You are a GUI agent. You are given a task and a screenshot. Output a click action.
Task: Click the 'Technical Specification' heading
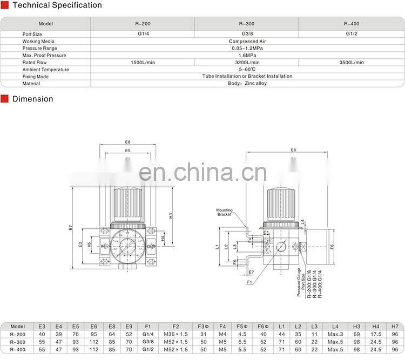(57, 5)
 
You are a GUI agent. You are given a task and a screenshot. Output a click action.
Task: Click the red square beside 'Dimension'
(5, 99)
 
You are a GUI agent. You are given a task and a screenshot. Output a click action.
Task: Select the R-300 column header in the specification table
(246, 24)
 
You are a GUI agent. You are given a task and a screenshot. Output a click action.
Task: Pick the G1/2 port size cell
(352, 34)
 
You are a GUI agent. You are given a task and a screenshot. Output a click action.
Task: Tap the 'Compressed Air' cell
(247, 41)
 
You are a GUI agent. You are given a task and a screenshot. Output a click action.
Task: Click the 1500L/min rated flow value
(143, 63)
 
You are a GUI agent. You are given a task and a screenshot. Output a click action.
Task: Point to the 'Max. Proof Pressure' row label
(44, 56)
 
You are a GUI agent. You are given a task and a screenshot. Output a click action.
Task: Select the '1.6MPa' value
(247, 56)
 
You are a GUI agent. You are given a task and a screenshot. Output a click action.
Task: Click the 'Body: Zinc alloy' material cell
(247, 84)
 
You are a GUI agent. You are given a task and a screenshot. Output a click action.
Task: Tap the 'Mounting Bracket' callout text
(224, 212)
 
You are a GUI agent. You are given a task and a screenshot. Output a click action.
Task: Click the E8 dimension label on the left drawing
(127, 142)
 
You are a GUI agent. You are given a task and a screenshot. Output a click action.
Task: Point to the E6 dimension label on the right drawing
(294, 150)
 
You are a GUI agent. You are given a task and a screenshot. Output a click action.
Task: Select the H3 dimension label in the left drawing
(170, 215)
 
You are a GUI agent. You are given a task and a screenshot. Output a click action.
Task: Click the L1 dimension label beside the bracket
(217, 247)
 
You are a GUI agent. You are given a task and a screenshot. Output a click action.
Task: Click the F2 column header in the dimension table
(175, 327)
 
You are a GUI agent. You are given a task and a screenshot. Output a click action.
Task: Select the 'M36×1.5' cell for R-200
(175, 335)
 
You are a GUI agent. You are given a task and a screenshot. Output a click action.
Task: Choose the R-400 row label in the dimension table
(18, 349)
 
